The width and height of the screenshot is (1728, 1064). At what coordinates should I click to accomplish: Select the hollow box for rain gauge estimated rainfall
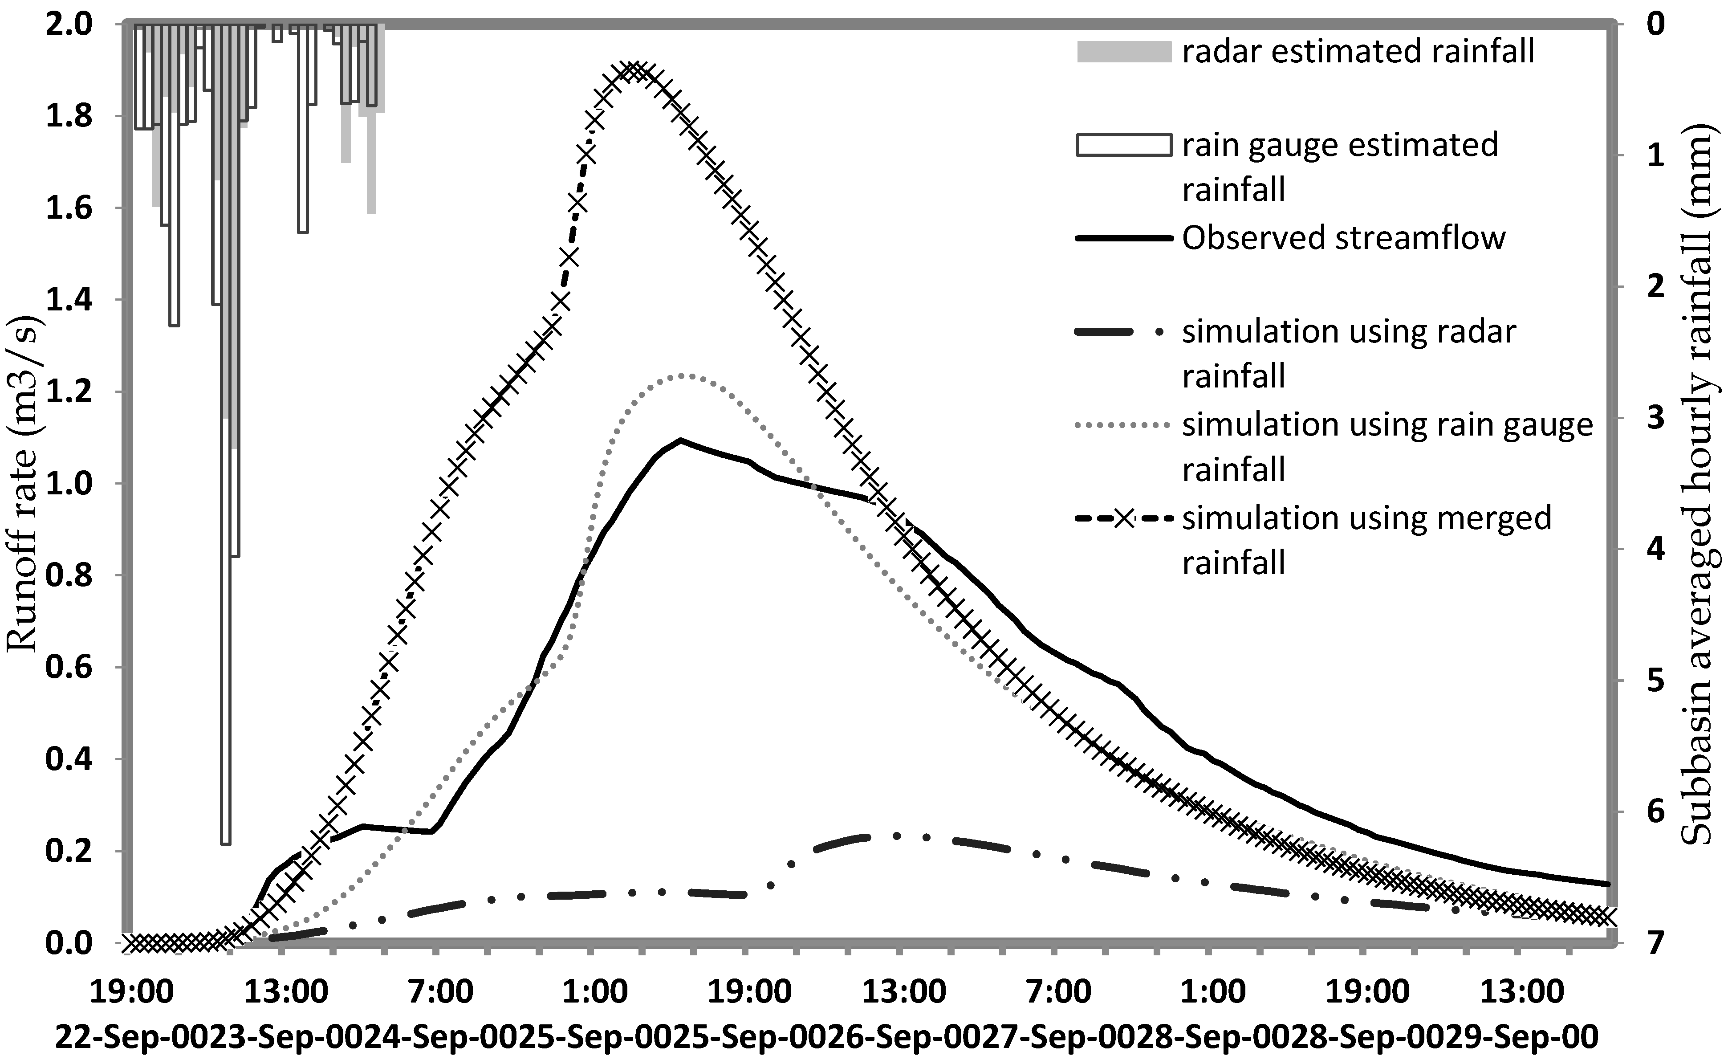[x=1123, y=145]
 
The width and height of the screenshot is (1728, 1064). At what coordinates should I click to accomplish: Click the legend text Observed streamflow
[x=1343, y=238]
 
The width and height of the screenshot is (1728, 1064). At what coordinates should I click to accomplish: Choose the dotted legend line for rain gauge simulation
[x=1123, y=424]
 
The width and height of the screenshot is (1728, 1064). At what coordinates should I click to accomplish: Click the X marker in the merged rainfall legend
[x=1123, y=518]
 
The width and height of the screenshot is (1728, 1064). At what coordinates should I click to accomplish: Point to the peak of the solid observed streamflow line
[x=680, y=440]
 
